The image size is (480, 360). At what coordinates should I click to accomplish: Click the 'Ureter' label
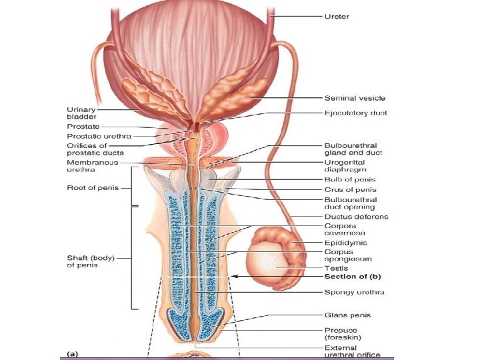pyautogui.click(x=336, y=16)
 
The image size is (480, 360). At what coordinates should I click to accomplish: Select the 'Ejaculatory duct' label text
pyautogui.click(x=355, y=113)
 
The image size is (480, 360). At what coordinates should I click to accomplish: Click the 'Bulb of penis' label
pyautogui.click(x=349, y=179)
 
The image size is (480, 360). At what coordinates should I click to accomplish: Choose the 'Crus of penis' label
pyautogui.click(x=349, y=190)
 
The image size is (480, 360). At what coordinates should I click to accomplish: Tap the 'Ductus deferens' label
pyautogui.click(x=356, y=217)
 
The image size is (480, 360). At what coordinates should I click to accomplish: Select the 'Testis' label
pyautogui.click(x=335, y=267)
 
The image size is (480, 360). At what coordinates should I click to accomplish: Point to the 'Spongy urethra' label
pyautogui.click(x=354, y=292)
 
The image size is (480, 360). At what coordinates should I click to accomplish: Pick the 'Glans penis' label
pyautogui.click(x=347, y=315)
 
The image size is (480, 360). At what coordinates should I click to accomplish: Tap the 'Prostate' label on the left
pyautogui.click(x=83, y=126)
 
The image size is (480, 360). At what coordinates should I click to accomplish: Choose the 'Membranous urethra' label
pyautogui.click(x=92, y=165)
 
